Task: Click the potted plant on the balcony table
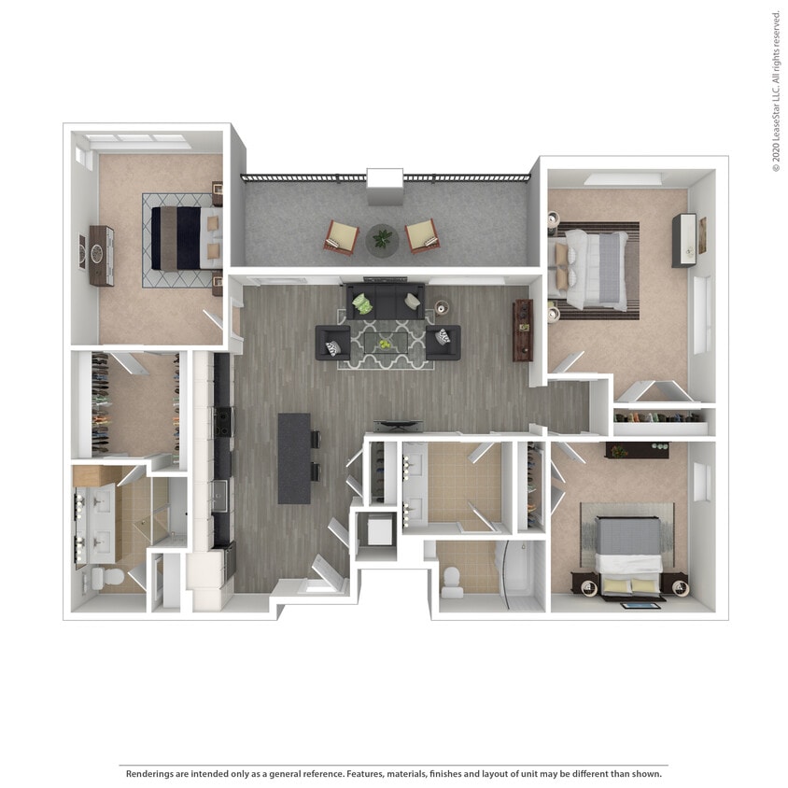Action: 382,240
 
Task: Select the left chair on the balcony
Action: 341,236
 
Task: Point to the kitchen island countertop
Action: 293,457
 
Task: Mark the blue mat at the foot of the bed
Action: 639,605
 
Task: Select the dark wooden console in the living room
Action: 523,330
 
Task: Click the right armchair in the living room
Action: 442,341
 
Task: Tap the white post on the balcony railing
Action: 384,186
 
